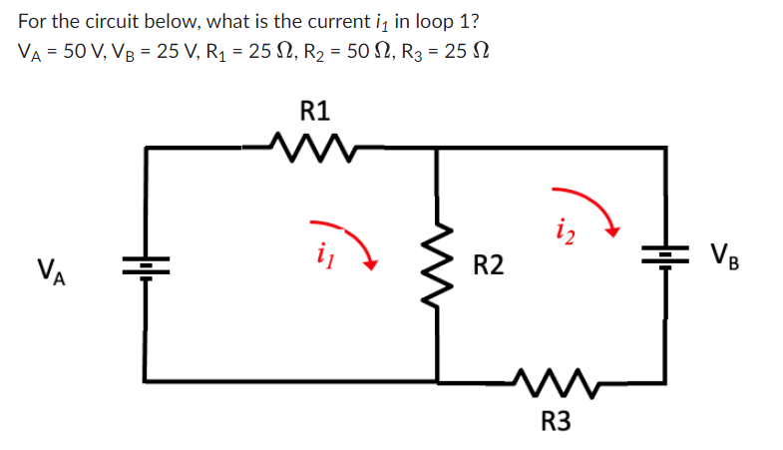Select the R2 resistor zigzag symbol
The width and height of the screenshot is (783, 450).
[x=437, y=265]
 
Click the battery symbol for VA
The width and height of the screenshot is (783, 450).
[x=147, y=266]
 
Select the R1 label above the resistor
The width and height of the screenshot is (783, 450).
[x=315, y=109]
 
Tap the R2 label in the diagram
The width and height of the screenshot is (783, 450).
[x=488, y=265]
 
